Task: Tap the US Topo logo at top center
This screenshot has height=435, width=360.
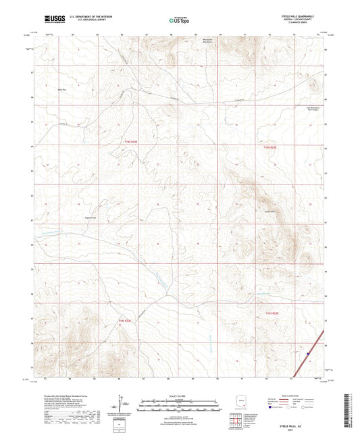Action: tap(179, 21)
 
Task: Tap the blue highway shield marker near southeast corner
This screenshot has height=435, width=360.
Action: tap(307, 352)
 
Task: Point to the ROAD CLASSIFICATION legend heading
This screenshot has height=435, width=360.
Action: tap(294, 395)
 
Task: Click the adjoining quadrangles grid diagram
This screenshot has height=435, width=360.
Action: tap(235, 420)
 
